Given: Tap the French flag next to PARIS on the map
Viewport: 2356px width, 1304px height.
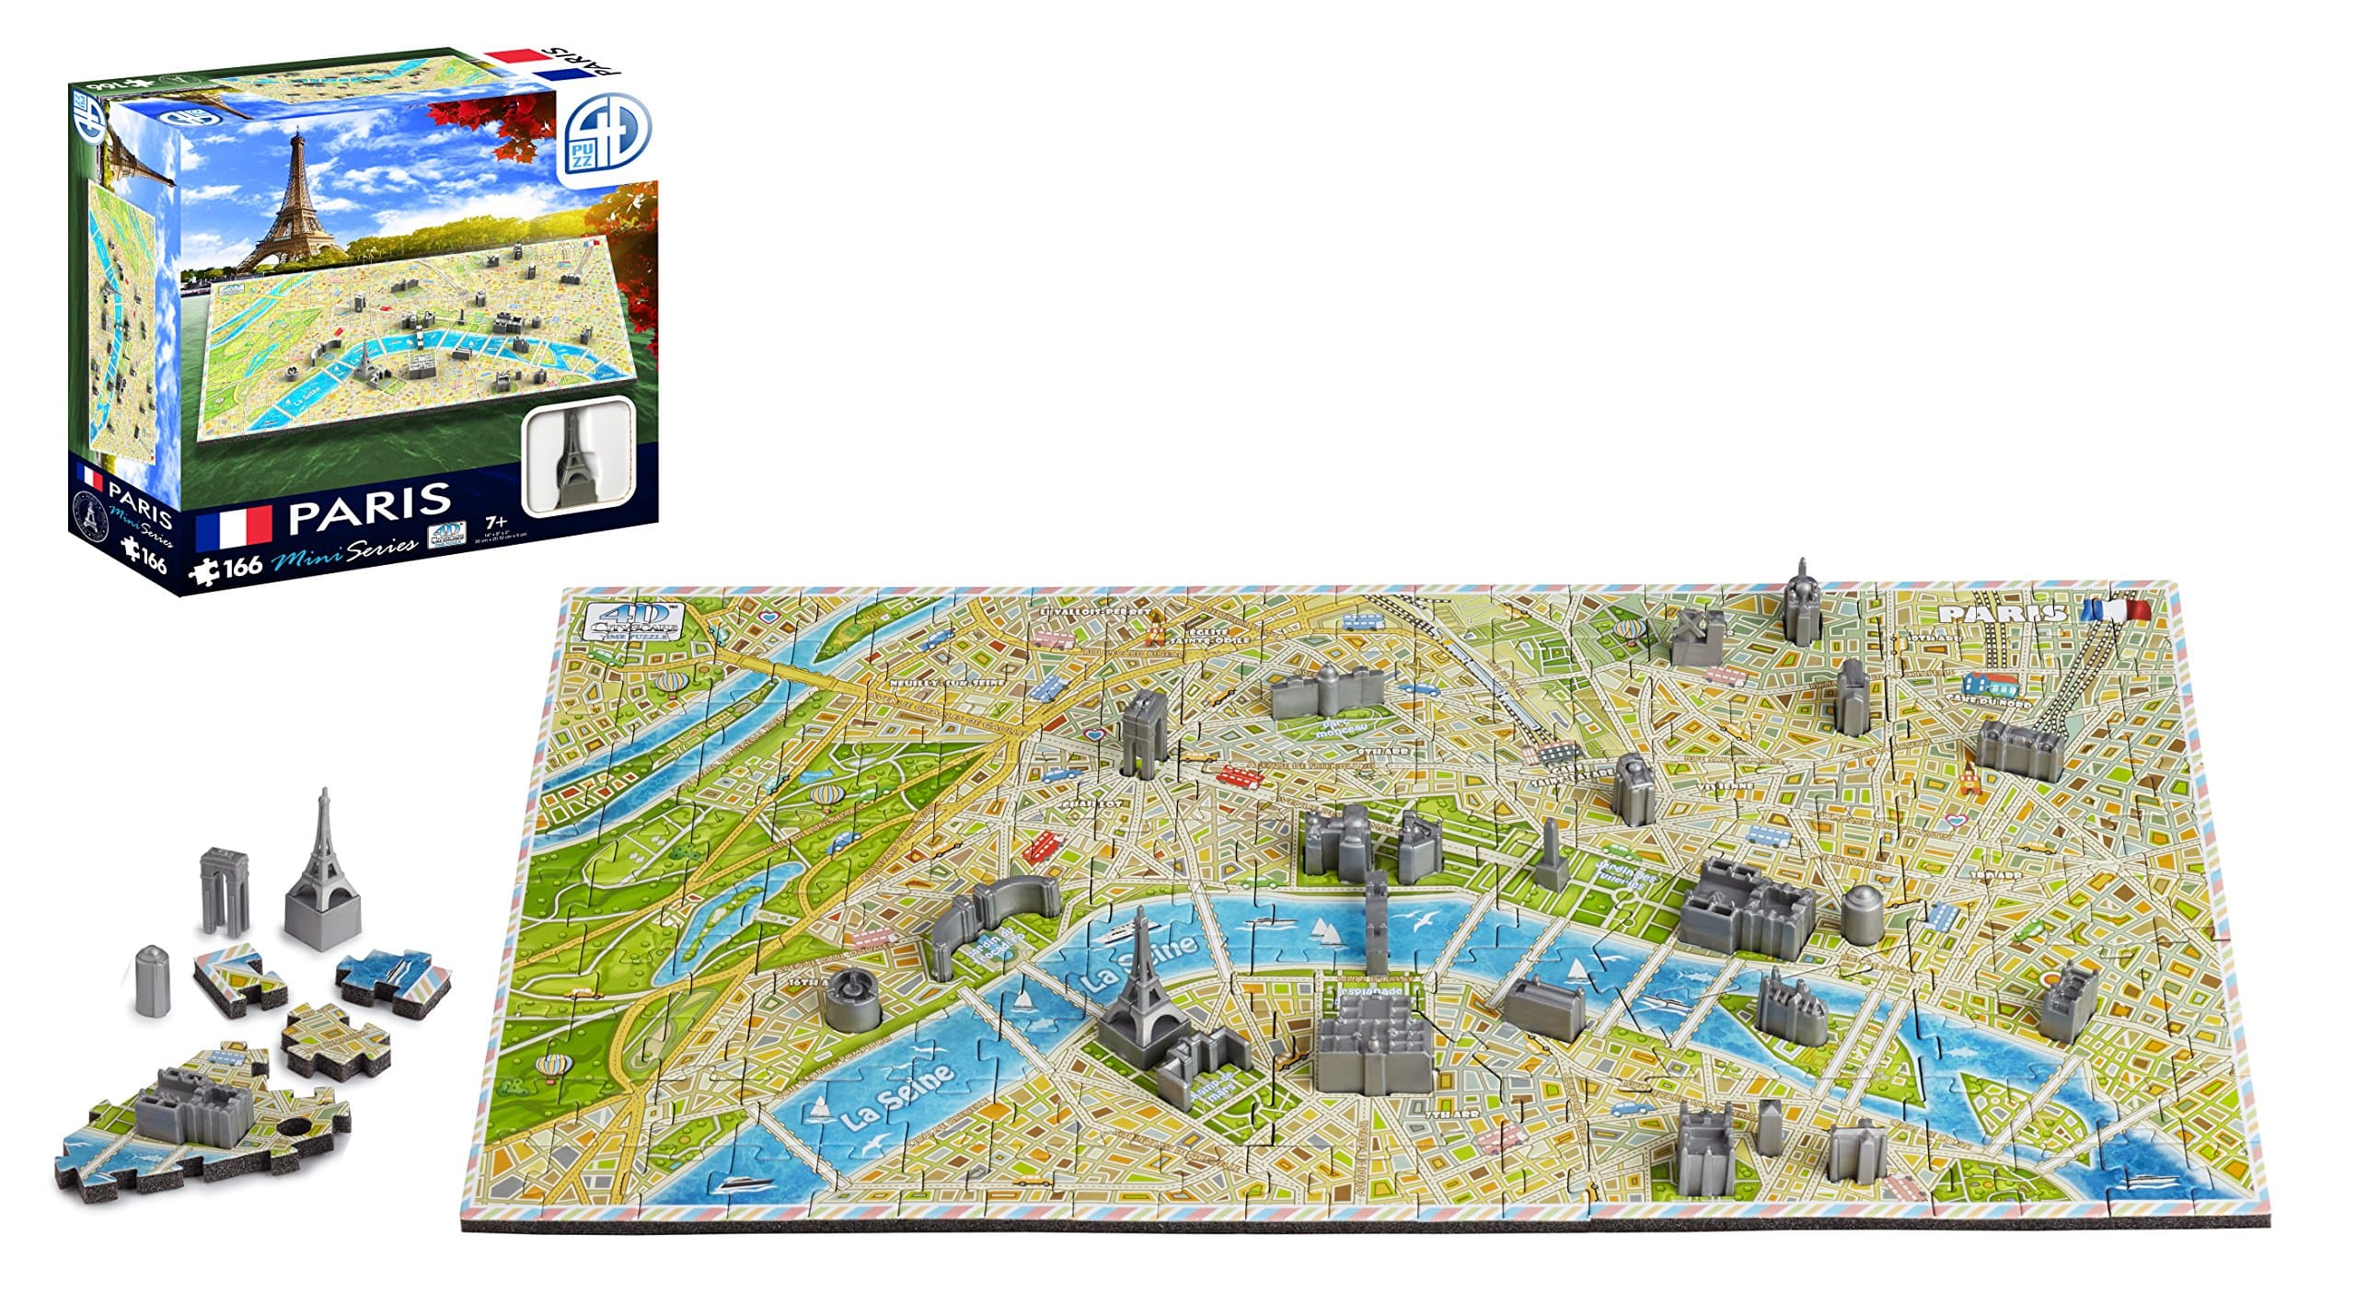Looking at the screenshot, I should click(x=2117, y=610).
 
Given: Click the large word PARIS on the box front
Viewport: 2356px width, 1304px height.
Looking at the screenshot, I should click(x=369, y=500).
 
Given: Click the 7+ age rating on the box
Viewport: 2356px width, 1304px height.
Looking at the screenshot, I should click(x=501, y=521).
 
